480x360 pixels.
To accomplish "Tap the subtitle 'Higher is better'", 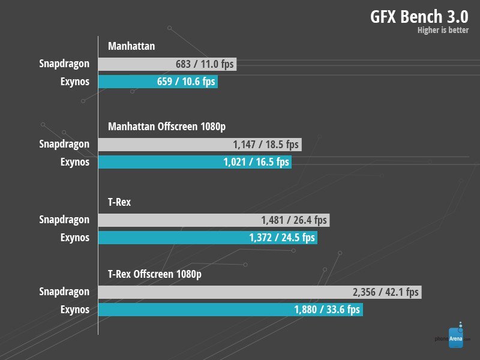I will coord(443,30).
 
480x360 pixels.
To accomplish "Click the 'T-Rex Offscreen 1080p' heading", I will coord(154,274).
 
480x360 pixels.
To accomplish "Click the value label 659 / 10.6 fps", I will coord(186,82).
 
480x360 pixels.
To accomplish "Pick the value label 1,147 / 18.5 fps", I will coord(265,144).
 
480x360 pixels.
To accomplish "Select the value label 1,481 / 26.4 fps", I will coord(294,220).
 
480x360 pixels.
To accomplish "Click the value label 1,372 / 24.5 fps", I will coord(282,238).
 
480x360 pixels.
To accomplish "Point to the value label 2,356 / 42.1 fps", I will coord(386,292).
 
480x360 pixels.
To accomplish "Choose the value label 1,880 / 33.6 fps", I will coord(327,310).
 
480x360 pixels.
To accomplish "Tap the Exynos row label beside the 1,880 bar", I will coord(74,310).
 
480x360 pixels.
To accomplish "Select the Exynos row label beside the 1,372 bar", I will coord(74,238).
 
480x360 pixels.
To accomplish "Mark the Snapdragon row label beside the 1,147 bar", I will coord(64,144).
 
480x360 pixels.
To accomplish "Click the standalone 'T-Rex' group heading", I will coord(119,202).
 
